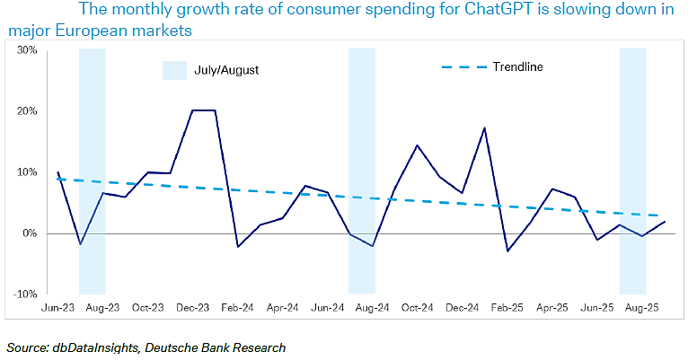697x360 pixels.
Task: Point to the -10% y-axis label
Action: [x=24, y=294]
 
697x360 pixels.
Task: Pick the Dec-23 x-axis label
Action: [x=192, y=307]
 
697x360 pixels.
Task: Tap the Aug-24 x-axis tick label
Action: [x=374, y=307]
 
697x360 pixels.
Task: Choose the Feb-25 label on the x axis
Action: [x=508, y=307]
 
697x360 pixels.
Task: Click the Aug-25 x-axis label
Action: [x=644, y=307]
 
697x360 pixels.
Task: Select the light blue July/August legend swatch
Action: [x=173, y=69]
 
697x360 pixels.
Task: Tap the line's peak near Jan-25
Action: [x=485, y=127]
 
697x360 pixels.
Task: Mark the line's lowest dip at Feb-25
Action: [x=507, y=251]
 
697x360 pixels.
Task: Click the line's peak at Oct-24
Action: [x=418, y=145]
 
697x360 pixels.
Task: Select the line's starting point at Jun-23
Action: [x=57, y=172]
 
